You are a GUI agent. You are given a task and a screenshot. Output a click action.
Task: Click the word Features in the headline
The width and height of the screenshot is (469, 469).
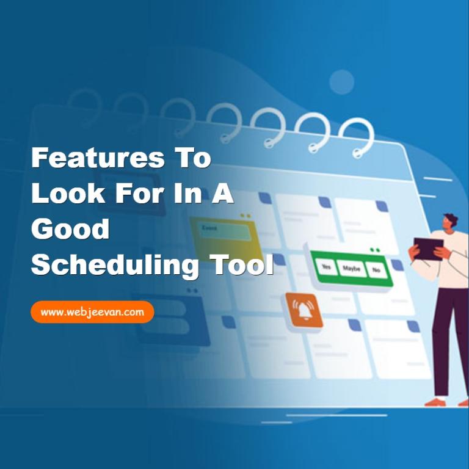98,158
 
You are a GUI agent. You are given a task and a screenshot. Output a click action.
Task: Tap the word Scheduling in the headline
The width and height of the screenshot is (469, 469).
115,265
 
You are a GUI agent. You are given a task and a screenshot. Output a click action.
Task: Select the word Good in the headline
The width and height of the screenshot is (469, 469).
70,228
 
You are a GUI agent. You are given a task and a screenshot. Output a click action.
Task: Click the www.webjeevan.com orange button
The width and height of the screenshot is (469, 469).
92,312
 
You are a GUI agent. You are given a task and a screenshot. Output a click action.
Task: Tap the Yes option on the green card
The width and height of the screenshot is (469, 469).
325,266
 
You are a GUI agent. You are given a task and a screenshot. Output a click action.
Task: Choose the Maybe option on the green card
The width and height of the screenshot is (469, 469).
352,268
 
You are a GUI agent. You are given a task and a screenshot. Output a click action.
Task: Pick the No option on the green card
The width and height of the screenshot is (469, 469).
376,271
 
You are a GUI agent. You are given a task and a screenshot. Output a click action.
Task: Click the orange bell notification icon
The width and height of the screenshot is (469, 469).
304,310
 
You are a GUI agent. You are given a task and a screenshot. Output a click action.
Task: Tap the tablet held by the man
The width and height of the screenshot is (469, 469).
428,249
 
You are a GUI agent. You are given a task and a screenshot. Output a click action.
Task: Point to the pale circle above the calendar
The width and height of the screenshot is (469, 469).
341,82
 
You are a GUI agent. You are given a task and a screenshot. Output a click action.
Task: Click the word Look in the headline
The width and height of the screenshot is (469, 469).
68,193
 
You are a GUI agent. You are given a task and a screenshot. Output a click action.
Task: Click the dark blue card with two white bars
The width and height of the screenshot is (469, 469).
172,321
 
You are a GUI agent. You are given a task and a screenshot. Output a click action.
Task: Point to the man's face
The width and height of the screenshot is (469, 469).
447,224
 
